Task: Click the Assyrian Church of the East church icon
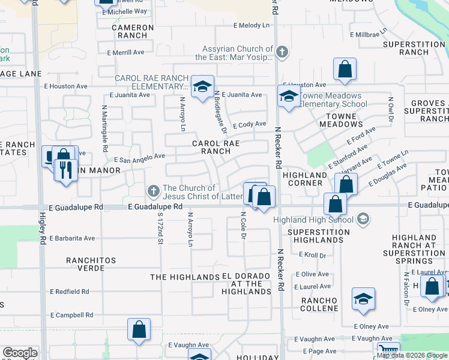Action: point(282,52)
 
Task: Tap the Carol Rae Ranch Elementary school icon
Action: point(202,87)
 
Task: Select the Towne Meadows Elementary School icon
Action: point(289,96)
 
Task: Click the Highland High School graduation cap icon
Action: point(362,220)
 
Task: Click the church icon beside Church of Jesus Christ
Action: point(153,191)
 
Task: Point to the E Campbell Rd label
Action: point(71,314)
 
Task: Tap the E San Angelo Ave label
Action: point(139,157)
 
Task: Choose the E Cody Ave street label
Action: point(250,124)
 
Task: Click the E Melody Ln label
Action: point(252,25)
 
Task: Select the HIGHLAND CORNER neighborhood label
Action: point(305,179)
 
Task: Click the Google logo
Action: point(20,353)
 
